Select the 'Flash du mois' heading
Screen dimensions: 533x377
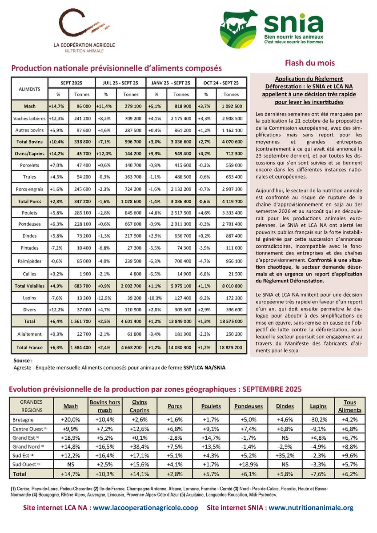coord(309,63)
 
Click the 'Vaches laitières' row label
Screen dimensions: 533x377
coord(30,119)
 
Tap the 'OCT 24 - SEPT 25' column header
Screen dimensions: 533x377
coord(221,83)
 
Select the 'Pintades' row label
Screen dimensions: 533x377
coord(30,248)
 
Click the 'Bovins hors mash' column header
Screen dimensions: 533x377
coord(105,406)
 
